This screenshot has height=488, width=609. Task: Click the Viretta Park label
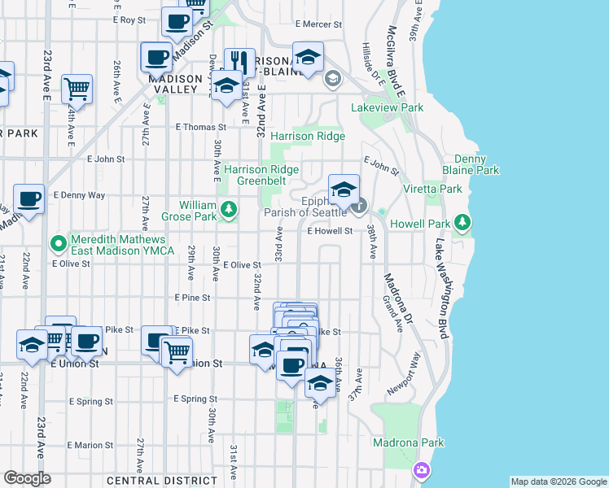click(432, 189)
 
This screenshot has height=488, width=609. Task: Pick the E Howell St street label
click(329, 231)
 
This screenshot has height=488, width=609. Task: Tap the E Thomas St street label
click(200, 127)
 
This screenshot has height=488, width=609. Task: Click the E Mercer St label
click(321, 24)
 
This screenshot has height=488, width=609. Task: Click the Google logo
click(27, 478)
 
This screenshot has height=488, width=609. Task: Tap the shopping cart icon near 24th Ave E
click(77, 88)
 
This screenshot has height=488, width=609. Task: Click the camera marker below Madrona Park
click(421, 470)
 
